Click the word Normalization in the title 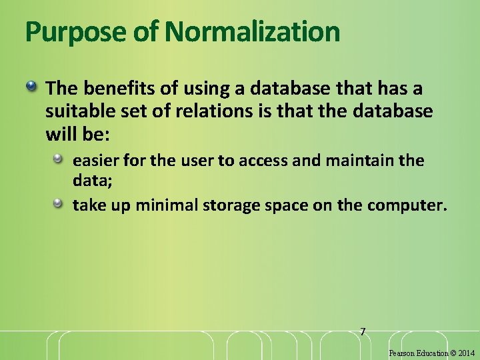253,31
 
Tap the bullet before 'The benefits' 31,87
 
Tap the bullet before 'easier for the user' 59,159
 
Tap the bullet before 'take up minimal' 59,203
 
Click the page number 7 363,331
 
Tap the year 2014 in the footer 467,353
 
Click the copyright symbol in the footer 453,353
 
